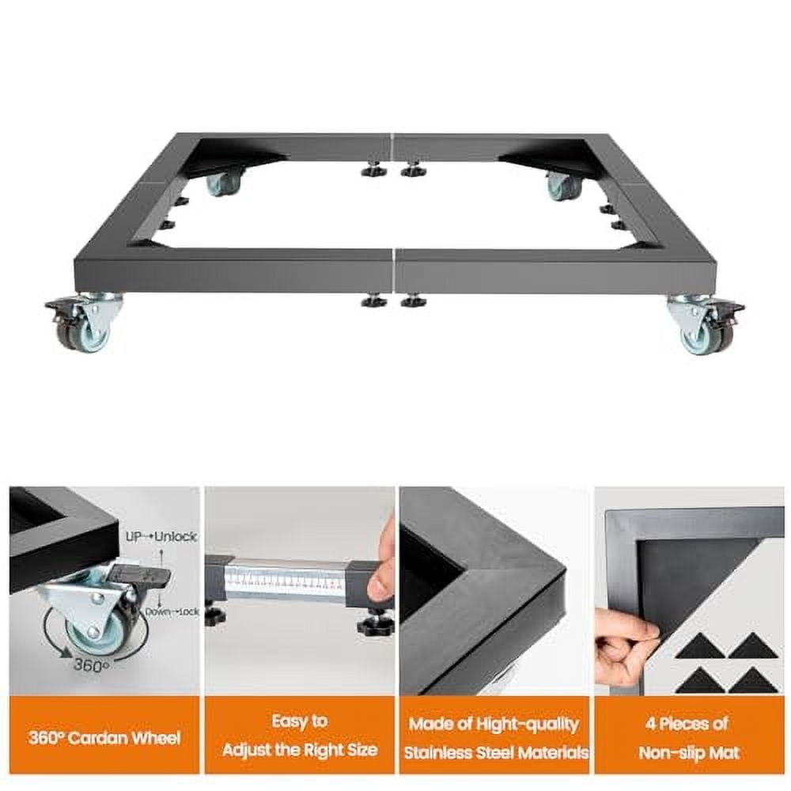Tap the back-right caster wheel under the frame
(x=563, y=186)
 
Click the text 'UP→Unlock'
(x=161, y=536)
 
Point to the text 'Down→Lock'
(x=170, y=611)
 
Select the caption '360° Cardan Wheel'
(x=104, y=739)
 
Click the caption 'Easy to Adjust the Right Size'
(x=299, y=736)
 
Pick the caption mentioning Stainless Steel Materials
(x=494, y=737)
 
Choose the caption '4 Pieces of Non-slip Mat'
(x=689, y=736)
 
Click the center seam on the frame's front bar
(x=394, y=271)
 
